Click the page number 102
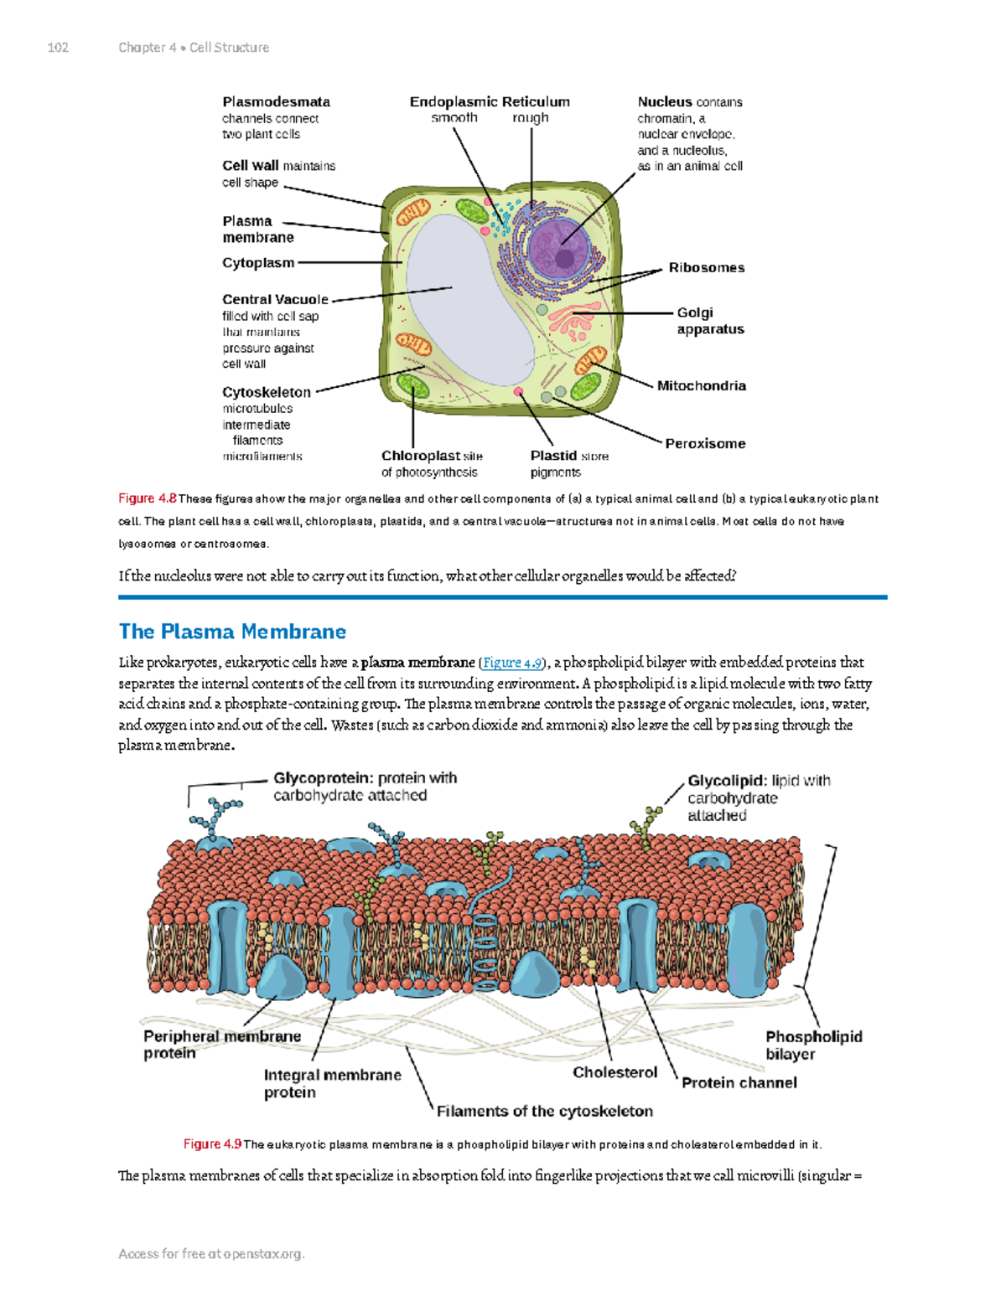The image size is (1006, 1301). [58, 48]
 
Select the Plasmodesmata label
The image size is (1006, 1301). [276, 102]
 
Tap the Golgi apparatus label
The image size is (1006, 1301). [709, 321]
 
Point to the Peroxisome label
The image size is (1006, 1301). [705, 444]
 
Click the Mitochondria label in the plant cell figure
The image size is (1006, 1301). [701, 386]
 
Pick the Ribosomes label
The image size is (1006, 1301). [706, 268]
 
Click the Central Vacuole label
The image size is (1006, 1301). [275, 300]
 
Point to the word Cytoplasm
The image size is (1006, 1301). [258, 263]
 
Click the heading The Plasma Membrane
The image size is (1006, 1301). [232, 632]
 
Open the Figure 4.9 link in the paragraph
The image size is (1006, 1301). [511, 663]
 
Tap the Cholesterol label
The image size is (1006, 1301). [614, 1073]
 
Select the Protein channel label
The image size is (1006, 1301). [739, 1083]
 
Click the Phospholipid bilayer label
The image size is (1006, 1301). [813, 1045]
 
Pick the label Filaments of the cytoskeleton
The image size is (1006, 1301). [544, 1112]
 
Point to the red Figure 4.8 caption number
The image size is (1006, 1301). [147, 498]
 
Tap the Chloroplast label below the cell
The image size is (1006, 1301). [420, 457]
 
